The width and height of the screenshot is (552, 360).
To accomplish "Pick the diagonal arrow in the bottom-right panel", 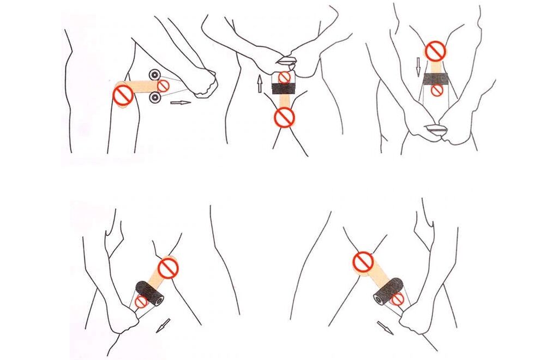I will click(385, 327).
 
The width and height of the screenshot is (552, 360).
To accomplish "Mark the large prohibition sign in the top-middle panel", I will click(284, 116).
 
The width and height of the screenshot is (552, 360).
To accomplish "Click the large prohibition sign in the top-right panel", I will click(435, 52).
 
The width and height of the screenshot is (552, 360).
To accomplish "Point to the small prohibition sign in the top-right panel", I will click(436, 91).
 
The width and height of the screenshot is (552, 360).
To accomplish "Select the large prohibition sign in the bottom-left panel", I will click(168, 267).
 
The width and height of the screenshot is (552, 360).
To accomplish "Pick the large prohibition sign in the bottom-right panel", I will click(363, 261).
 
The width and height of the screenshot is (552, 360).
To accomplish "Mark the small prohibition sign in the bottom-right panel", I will click(397, 298).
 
